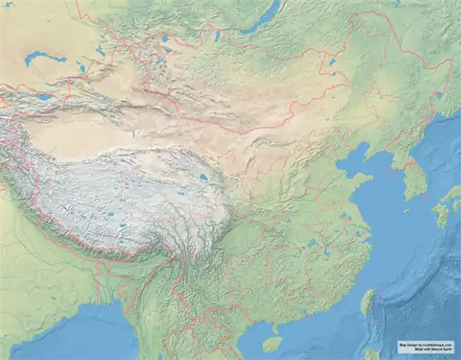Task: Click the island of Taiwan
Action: tap(367, 302)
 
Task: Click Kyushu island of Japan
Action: tap(442, 214)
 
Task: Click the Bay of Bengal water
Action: tap(63, 337)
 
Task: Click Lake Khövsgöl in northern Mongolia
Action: tap(219, 35)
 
